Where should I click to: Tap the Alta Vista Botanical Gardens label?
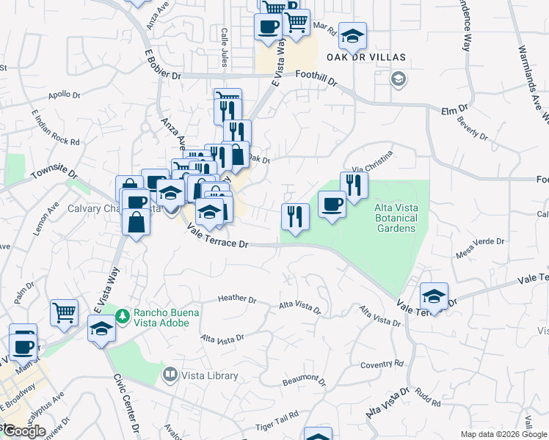pos(396,218)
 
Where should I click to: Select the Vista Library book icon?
pos(170,375)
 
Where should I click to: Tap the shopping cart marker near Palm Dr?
pos(64,312)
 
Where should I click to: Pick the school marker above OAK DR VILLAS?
pos(352,35)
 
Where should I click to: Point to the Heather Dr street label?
pos(237,299)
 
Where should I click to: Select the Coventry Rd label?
pos(382,364)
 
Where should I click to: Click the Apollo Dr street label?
pos(65,95)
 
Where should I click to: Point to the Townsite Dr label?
pos(54,175)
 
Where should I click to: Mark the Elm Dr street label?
pos(454,110)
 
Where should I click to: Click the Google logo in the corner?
pos(24,431)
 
